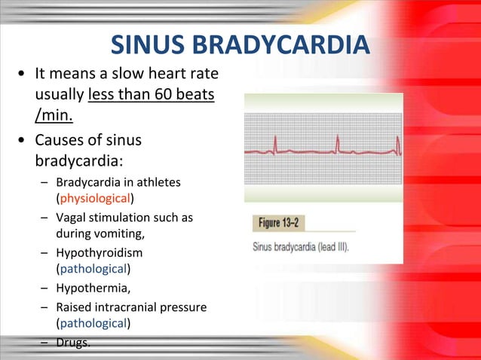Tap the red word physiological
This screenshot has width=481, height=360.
coord(95,199)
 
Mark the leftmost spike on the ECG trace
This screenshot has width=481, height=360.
coord(276,143)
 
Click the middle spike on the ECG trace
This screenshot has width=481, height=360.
coord(338,143)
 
